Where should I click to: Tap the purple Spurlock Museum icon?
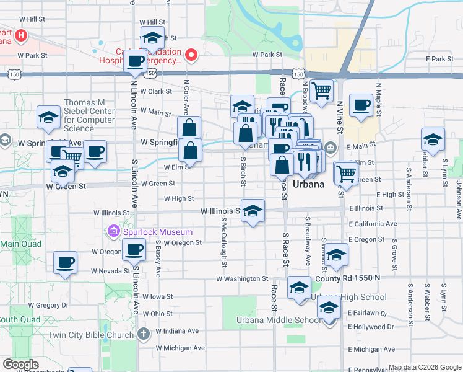click(113, 232)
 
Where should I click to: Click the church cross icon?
click(144, 335)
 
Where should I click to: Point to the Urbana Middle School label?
click(279, 321)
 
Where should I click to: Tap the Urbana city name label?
click(308, 185)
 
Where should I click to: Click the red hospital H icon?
click(22, 36)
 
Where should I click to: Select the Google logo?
click(20, 365)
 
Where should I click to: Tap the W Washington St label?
click(241, 279)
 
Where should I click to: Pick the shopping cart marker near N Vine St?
click(322, 91)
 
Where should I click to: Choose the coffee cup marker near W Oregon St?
click(134, 250)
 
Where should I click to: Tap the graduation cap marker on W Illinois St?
click(253, 211)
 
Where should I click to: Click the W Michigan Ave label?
click(180, 348)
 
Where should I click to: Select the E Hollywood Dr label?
click(371, 327)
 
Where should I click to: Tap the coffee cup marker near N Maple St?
click(361, 105)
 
